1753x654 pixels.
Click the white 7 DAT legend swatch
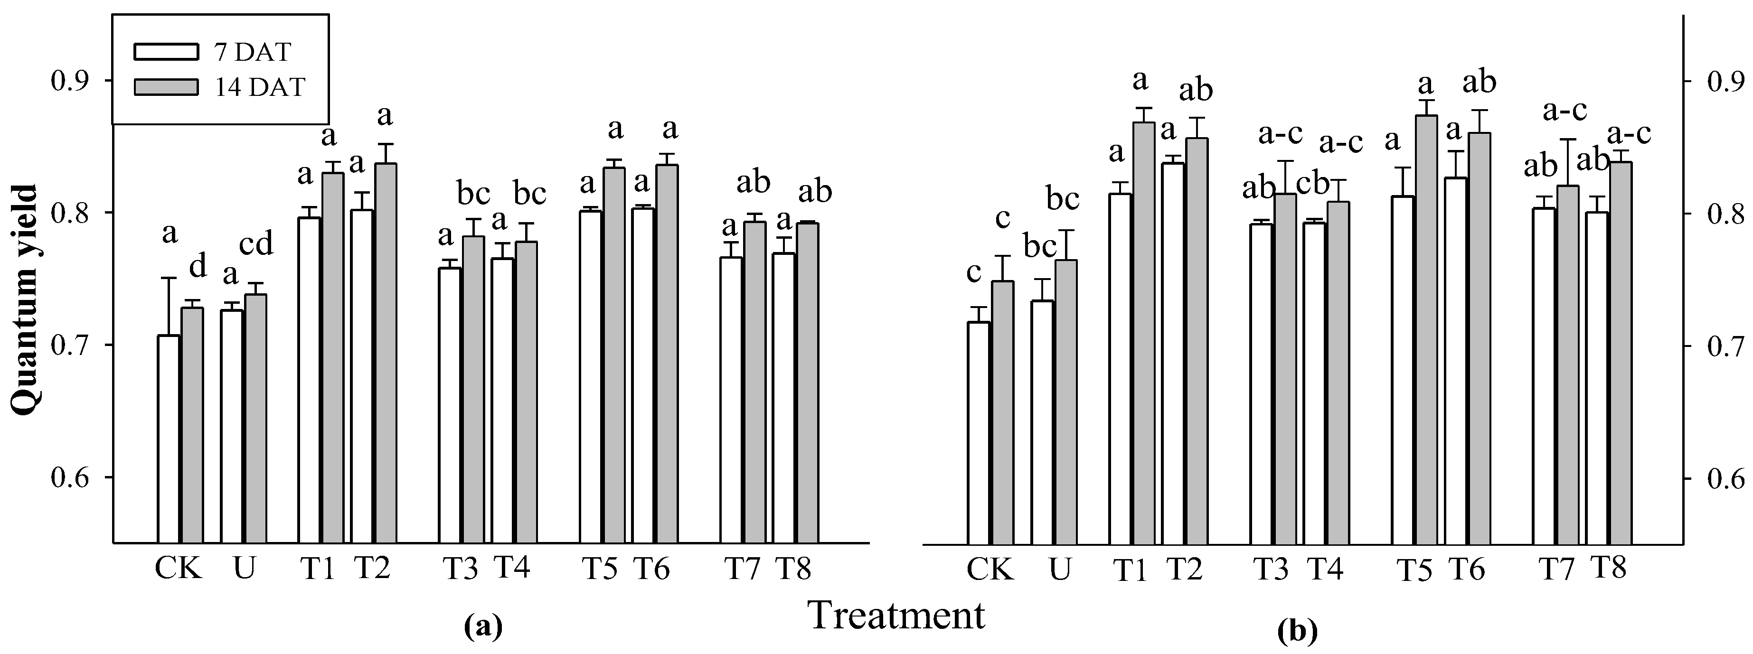pos(166,52)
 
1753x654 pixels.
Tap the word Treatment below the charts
pos(896,616)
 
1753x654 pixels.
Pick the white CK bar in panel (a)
pos(169,439)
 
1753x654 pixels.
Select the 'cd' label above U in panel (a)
pos(256,243)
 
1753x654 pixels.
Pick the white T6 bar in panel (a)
pos(643,375)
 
